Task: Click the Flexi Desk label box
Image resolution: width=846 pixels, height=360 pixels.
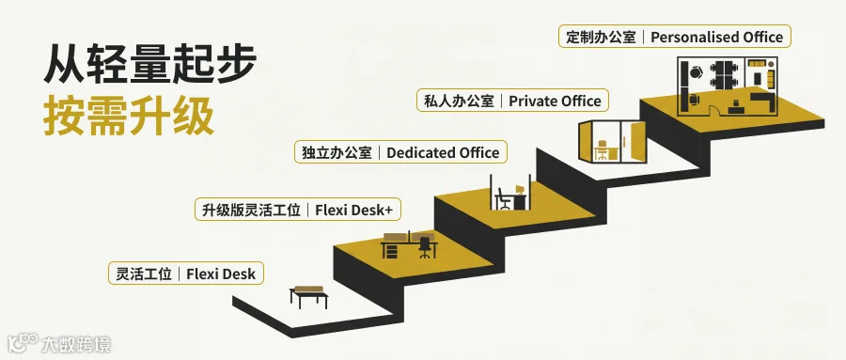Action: coord(185,274)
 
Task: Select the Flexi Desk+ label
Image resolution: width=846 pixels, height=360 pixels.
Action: coord(298,210)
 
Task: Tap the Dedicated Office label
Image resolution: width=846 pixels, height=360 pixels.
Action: coord(400,152)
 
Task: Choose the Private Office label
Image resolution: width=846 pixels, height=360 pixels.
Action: coord(512,101)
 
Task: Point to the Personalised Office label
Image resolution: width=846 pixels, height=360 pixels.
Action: coord(674,37)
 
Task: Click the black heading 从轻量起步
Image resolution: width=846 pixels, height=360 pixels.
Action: coord(149,64)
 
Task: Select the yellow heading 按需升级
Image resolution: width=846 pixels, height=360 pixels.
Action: coord(129,116)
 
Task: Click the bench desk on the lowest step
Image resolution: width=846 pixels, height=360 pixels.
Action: coord(308,296)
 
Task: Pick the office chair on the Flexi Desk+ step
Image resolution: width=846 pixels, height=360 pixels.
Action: coord(425,247)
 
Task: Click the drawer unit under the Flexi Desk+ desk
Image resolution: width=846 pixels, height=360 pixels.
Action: coord(390,250)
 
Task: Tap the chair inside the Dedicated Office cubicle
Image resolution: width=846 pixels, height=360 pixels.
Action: coord(504,198)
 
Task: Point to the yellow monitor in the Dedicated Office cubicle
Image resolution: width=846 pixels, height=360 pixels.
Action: coord(520,190)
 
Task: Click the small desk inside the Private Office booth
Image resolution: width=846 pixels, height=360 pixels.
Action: coord(601,150)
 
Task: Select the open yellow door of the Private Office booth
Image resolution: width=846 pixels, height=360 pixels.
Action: coord(638,142)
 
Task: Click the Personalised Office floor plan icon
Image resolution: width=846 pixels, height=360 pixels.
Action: coord(728,86)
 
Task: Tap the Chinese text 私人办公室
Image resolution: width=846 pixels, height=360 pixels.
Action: coord(459,101)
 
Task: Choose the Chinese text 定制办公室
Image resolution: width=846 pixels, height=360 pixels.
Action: coord(601,37)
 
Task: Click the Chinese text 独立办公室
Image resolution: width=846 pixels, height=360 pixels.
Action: coord(337,152)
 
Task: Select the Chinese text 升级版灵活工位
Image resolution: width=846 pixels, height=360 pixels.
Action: coord(251,210)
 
